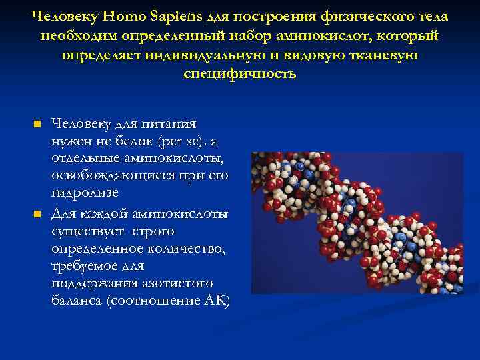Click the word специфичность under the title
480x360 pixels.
[239, 73]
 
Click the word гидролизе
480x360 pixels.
[85, 193]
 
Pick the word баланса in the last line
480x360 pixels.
[75, 301]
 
